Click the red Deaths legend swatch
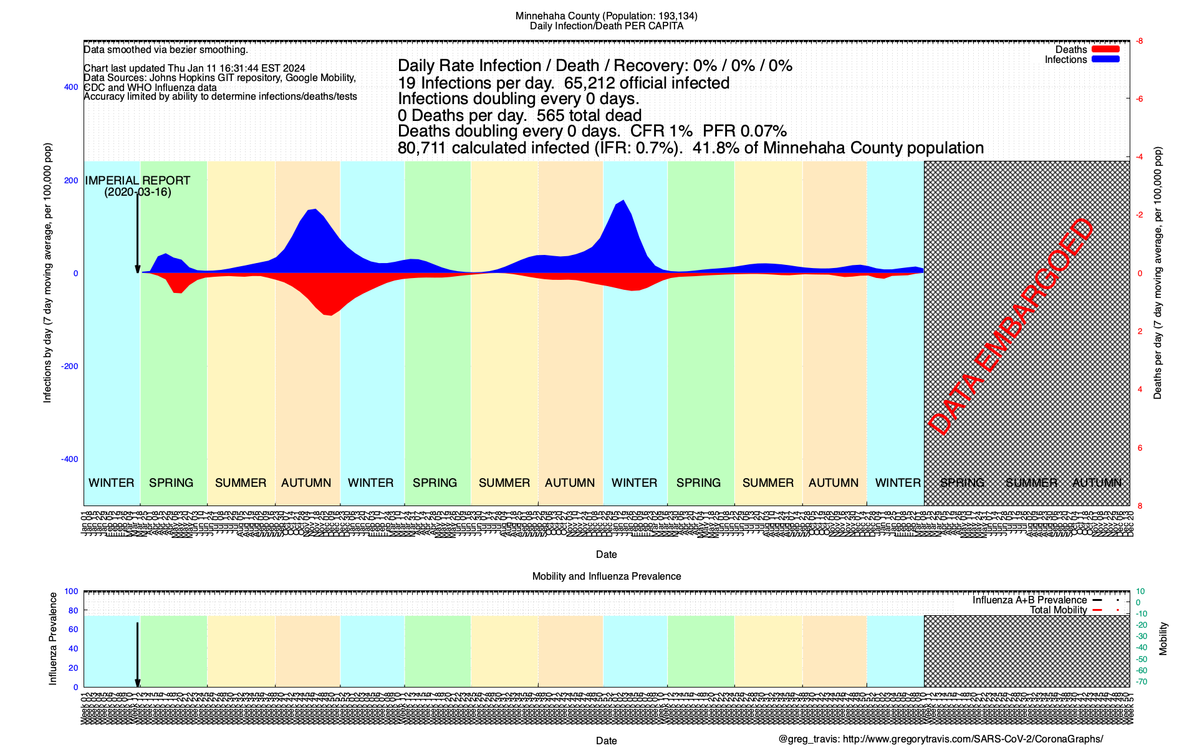[1105, 49]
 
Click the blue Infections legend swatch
[1105, 59]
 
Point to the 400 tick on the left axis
[71, 87]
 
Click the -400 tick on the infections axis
[70, 459]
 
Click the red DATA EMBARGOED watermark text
[1011, 327]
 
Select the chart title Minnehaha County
[606, 16]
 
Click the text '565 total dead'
[589, 115]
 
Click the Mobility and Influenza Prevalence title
[606, 577]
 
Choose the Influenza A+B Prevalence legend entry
[1029, 600]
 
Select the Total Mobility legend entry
[1058, 610]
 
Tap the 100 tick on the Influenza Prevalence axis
[71, 592]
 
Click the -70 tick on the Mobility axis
[1142, 682]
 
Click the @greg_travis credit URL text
[940, 739]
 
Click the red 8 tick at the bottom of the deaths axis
[1140, 506]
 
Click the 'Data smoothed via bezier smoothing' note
[166, 50]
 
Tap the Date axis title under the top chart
[606, 555]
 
